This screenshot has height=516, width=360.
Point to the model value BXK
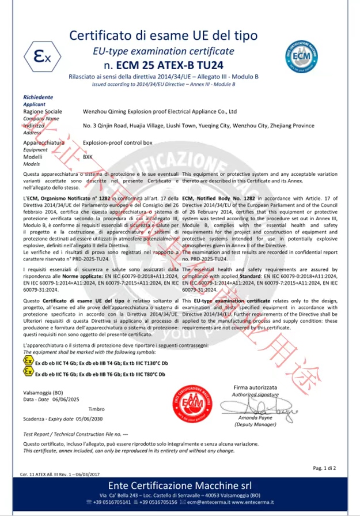click(x=88, y=157)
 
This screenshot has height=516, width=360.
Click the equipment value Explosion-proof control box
click(x=119, y=142)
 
